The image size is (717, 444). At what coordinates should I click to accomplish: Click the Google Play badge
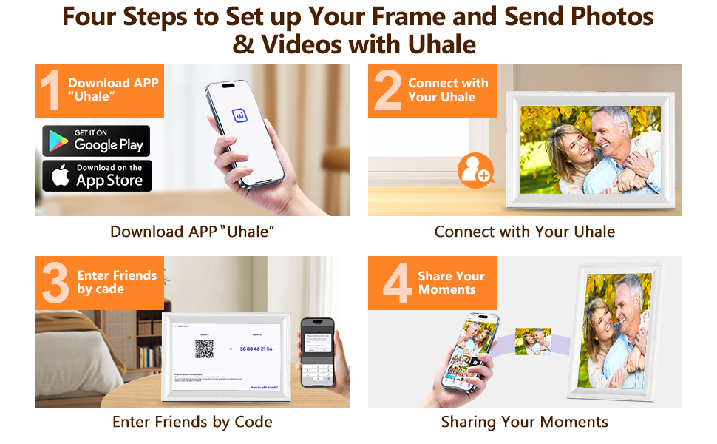(x=96, y=141)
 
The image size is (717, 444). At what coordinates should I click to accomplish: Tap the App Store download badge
(x=96, y=176)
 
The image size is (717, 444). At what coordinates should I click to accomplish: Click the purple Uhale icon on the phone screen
(x=241, y=116)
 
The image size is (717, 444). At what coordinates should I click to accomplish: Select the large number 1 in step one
(x=50, y=91)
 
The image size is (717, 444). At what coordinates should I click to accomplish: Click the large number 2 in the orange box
(x=387, y=91)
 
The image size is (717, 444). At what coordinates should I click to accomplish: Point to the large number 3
(x=55, y=283)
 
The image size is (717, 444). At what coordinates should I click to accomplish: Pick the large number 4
(x=397, y=283)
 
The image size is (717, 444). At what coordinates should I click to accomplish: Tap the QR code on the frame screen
(x=204, y=349)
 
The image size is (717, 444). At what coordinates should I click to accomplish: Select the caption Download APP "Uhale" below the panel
(x=192, y=232)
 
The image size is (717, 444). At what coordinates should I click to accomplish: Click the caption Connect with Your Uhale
(x=525, y=232)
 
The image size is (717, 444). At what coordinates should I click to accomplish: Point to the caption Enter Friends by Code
(x=192, y=422)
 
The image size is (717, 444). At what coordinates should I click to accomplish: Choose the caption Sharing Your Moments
(x=525, y=422)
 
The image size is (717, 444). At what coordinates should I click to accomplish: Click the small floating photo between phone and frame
(x=533, y=341)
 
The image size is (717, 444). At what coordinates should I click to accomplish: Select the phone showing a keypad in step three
(x=317, y=352)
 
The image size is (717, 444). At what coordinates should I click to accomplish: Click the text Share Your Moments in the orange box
(x=451, y=283)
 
